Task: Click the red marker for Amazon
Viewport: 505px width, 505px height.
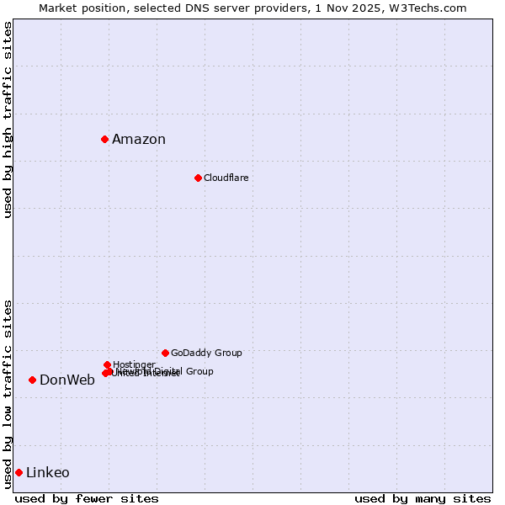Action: coord(104,139)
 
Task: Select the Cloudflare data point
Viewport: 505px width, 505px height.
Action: coord(198,178)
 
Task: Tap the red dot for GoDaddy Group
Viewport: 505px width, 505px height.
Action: coord(165,353)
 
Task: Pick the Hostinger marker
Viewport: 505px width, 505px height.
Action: coord(107,364)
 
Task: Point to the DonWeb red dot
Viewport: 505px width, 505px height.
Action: coord(32,380)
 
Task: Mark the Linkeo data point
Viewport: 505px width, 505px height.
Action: coord(19,472)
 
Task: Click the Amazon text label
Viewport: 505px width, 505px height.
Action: coord(139,140)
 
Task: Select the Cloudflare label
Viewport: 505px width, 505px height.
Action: coord(226,178)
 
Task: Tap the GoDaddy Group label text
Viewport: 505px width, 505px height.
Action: coord(206,353)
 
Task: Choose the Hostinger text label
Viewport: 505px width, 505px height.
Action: coord(134,364)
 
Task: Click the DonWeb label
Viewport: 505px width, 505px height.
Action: coord(67,380)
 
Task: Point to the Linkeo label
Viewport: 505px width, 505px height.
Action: coord(48,472)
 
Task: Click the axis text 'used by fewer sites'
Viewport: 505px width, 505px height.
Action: coord(87,498)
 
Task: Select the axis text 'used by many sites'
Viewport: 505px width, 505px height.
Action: coord(423,498)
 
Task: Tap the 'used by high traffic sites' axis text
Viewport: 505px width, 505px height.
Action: coord(8,120)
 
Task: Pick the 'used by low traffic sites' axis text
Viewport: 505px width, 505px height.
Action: coord(8,393)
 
